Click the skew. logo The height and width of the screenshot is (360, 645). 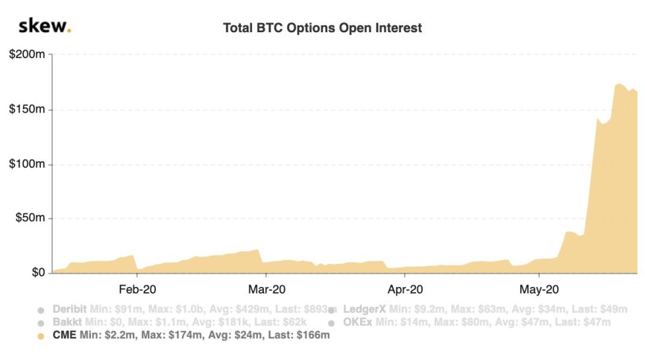click(45, 26)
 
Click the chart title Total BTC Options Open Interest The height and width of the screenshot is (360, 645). click(322, 28)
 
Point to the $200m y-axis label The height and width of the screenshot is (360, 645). click(27, 55)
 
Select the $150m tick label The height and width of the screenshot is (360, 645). click(27, 109)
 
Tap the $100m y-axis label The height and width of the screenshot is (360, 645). click(27, 164)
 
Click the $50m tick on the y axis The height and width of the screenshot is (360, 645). click(30, 218)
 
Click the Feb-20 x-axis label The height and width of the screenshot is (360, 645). click(137, 289)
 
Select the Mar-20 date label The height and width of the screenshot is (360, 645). click(267, 289)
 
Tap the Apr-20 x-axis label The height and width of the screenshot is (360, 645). click(405, 289)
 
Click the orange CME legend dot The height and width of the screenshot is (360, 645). click(41, 336)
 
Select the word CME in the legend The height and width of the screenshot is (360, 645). click(64, 336)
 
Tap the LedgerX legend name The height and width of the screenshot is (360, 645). click(365, 309)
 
